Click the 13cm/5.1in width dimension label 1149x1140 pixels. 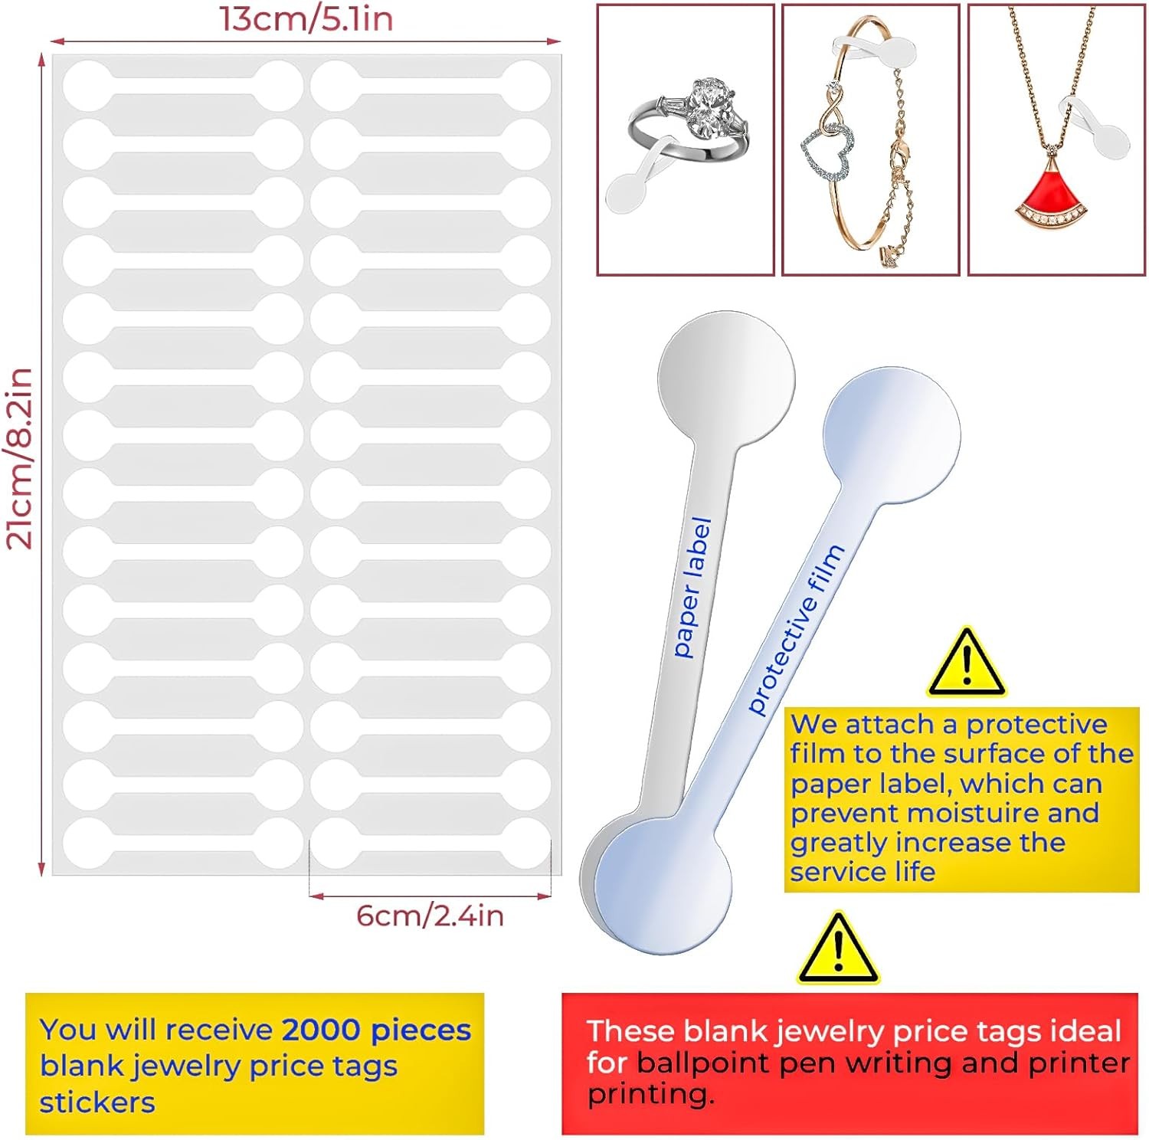pyautogui.click(x=306, y=18)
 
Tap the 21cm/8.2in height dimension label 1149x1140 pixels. pyautogui.click(x=20, y=458)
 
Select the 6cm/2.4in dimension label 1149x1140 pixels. pyautogui.click(x=430, y=916)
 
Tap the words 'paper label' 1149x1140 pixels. pyautogui.click(x=692, y=587)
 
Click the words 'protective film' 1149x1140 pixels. pyautogui.click(x=796, y=629)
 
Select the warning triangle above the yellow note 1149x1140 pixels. pyautogui.click(x=967, y=663)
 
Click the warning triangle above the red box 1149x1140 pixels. pyautogui.click(x=838, y=949)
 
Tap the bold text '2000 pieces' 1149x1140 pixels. pyautogui.click(x=376, y=1030)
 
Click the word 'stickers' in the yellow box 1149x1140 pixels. pyautogui.click(x=97, y=1102)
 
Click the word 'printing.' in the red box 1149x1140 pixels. pyautogui.click(x=650, y=1094)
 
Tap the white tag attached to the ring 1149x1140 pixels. pyautogui.click(x=630, y=189)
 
